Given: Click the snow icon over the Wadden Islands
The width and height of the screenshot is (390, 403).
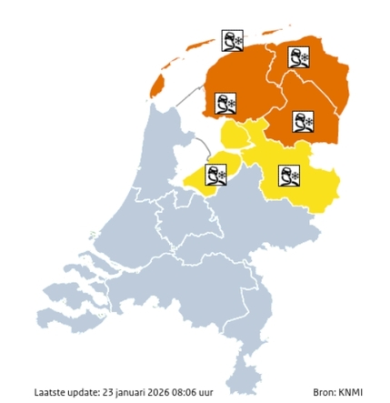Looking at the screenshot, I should pyautogui.click(x=234, y=41).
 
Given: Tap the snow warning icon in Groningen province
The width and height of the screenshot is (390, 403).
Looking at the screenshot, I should pyautogui.click(x=298, y=57).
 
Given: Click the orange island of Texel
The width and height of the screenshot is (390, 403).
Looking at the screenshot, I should pyautogui.click(x=155, y=86).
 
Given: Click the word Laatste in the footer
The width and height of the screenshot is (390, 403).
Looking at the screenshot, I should pyautogui.click(x=47, y=393).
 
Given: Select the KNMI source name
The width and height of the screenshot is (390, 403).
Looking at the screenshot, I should pyautogui.click(x=350, y=393).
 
